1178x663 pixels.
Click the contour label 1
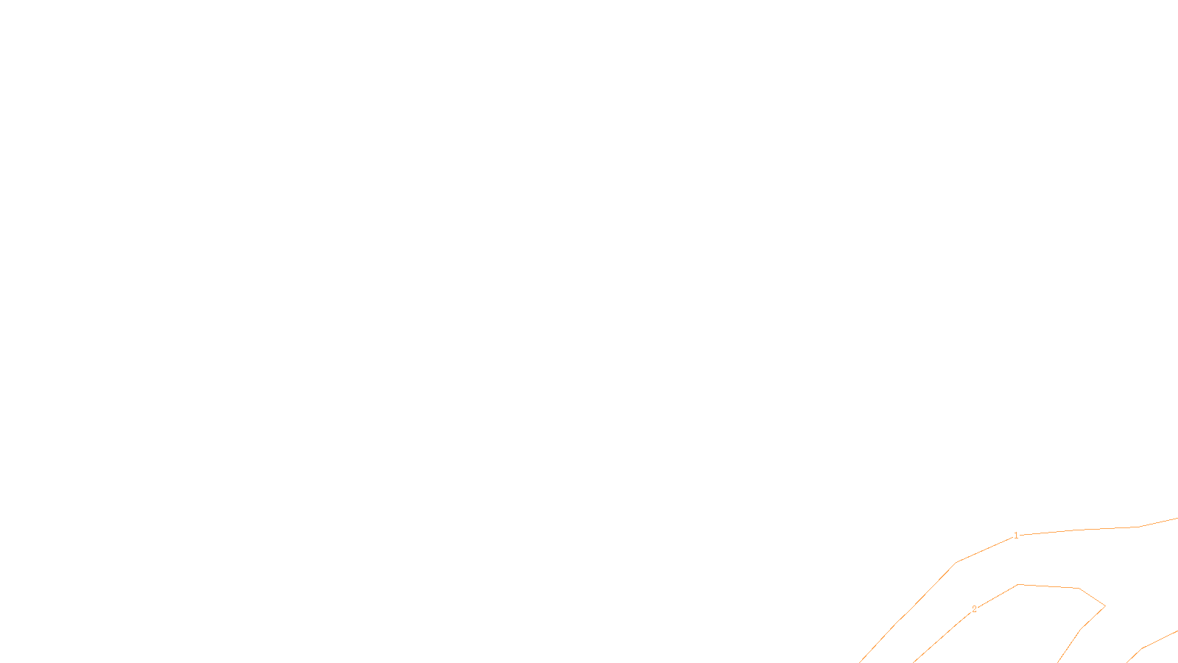(x=1016, y=536)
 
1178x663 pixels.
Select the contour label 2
(x=974, y=609)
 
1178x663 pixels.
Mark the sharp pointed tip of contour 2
(x=1105, y=606)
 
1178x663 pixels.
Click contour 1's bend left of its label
(x=956, y=562)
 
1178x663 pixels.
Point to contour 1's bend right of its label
(x=1140, y=527)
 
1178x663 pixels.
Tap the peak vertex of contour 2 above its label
(x=1018, y=584)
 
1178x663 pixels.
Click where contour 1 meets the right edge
(x=1177, y=519)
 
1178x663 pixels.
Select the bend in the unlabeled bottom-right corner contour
(x=1143, y=648)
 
